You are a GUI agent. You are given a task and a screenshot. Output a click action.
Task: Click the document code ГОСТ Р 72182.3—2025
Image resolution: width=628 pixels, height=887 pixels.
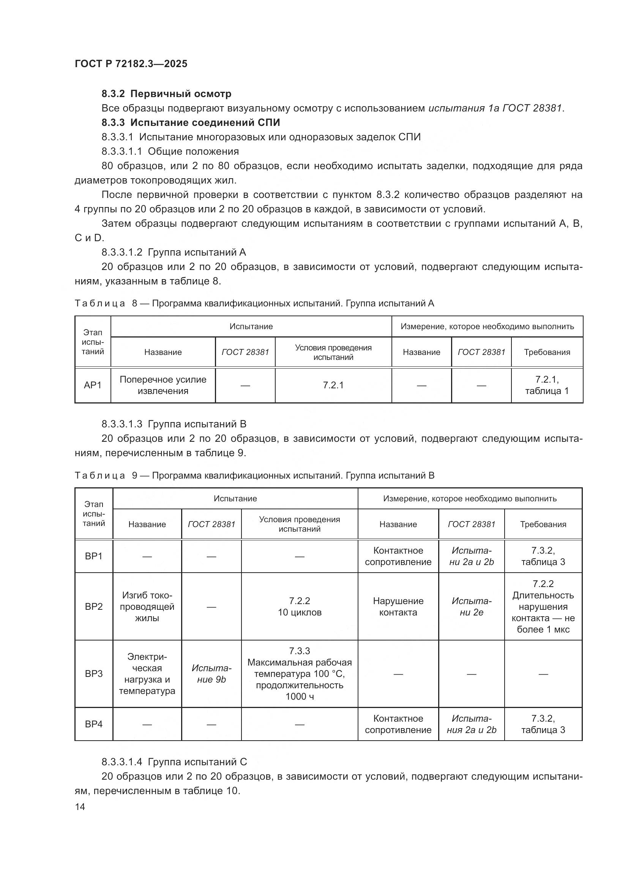tap(131, 64)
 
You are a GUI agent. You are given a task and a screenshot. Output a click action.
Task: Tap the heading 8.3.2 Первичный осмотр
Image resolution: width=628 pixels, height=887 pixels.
tap(166, 94)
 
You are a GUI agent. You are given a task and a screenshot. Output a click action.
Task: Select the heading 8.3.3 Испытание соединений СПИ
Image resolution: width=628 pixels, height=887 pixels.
tap(191, 122)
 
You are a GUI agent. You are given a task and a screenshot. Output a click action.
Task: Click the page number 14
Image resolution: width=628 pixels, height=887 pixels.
tap(80, 807)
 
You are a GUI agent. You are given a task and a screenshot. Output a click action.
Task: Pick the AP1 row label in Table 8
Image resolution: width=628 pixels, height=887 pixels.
tap(93, 385)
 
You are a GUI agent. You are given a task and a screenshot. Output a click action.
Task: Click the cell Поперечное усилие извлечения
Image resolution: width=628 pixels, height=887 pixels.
tap(163, 385)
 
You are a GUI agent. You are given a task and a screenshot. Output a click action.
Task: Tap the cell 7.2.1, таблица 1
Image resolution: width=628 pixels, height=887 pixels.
tap(546, 385)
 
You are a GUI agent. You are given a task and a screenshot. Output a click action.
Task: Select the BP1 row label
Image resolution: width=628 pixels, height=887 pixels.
tap(93, 556)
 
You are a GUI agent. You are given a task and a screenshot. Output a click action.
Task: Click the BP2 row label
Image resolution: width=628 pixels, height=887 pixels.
tap(93, 606)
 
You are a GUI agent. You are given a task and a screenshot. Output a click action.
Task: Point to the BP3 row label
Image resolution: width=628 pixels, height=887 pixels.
tap(93, 674)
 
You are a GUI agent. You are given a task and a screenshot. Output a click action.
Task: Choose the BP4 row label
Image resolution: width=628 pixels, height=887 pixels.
tap(93, 724)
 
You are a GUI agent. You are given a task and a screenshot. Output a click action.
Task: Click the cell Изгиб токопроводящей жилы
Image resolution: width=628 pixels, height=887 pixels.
tap(147, 606)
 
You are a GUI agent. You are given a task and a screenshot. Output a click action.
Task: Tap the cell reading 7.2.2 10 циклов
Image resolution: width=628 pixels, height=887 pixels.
tap(299, 606)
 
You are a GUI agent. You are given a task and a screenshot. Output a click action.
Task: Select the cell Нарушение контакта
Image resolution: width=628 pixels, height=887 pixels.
tap(398, 606)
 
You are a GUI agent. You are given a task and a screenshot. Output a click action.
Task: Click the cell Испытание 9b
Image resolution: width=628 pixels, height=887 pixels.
tap(211, 674)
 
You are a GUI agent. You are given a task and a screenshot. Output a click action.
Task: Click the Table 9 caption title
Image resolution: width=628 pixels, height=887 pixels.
tap(254, 475)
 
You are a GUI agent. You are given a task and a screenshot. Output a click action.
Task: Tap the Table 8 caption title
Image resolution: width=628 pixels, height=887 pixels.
tap(254, 303)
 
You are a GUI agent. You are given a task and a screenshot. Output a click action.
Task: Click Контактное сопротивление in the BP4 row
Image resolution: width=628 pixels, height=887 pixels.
tap(398, 724)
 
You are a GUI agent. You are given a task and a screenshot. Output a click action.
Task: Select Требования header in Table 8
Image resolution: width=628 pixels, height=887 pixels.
tap(546, 352)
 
